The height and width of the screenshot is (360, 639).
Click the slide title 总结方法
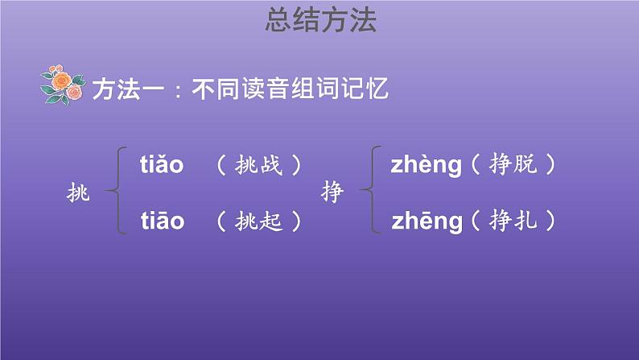tap(320, 22)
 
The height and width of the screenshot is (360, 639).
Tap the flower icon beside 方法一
tap(62, 85)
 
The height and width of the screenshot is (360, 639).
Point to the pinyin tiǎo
tap(162, 165)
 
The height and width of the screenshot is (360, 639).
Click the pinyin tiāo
tap(162, 221)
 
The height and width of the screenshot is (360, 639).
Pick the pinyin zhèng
tap(426, 166)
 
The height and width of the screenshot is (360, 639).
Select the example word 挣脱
tap(512, 166)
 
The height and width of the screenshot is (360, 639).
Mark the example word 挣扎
tap(512, 221)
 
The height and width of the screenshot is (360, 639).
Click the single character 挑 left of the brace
tap(80, 192)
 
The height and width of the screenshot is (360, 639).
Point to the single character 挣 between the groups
tap(332, 192)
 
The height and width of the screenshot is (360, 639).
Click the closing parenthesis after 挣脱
tap(550, 166)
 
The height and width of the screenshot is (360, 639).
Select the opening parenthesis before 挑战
tap(221, 166)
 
